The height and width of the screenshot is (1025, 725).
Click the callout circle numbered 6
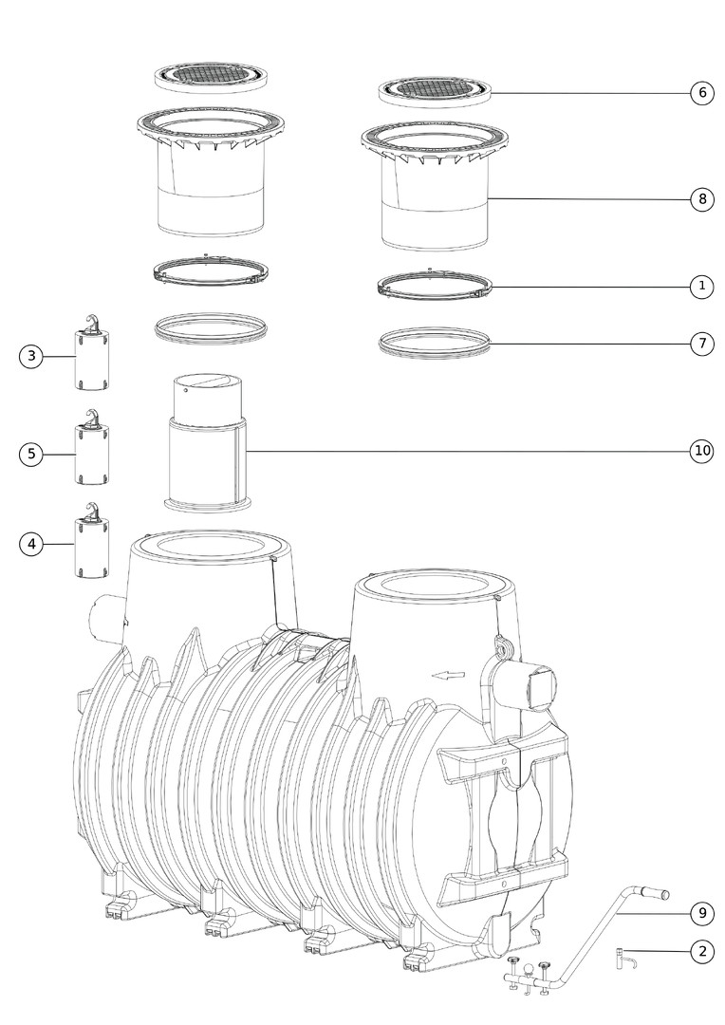[702, 93]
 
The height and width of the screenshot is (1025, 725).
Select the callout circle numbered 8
[702, 198]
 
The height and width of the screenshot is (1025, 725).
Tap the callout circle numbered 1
[702, 287]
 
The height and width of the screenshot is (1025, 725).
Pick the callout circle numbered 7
[702, 344]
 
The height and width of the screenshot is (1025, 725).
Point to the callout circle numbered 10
[702, 451]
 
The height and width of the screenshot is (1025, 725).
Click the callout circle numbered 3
[30, 356]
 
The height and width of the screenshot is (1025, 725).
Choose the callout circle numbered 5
[30, 454]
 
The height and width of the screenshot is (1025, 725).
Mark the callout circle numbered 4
[30, 544]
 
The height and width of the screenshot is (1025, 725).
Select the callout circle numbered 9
[702, 913]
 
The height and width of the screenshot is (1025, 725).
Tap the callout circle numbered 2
[702, 951]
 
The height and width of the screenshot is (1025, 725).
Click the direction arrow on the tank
[448, 676]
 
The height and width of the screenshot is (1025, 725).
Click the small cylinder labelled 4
[91, 540]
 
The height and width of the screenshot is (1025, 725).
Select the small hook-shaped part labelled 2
[624, 959]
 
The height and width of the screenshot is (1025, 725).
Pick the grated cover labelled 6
[435, 91]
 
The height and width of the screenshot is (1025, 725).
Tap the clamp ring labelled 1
[435, 285]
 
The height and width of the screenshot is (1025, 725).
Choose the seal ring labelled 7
[435, 343]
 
